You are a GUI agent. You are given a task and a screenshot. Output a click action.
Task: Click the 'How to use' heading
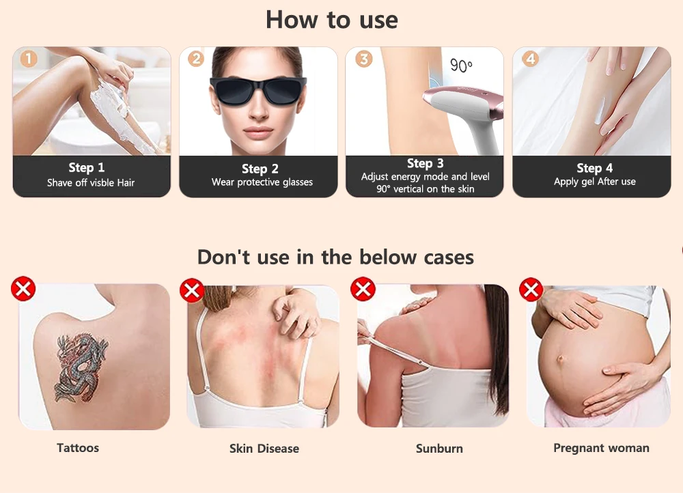[332, 20]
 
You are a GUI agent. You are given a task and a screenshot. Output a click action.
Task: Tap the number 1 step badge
[29, 58]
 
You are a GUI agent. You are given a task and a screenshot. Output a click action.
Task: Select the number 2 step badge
[196, 58]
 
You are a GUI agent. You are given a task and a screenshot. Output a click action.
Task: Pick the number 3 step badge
[364, 58]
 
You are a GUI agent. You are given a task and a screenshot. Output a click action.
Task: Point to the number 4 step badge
[530, 58]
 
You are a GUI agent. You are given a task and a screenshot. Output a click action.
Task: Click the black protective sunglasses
[258, 90]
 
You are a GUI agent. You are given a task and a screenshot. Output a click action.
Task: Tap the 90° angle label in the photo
[461, 66]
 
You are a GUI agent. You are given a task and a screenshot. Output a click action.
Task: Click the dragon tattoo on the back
[81, 367]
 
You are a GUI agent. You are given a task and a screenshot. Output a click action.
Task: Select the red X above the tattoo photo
[23, 288]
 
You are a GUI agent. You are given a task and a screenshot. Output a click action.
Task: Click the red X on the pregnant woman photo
[531, 290]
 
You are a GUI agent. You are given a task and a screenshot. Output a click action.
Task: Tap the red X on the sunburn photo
[363, 289]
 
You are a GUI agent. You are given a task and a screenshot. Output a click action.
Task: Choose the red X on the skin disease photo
[192, 290]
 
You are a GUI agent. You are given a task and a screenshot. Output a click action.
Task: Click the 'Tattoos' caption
[78, 448]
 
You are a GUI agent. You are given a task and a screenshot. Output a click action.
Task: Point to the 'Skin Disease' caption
[264, 449]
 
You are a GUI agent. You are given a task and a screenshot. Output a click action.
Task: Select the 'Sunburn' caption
[439, 449]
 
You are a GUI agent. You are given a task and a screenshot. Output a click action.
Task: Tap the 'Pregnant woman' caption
[602, 448]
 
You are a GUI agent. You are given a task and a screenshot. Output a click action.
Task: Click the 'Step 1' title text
[86, 167]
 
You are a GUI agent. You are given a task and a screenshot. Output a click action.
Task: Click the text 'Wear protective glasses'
[262, 182]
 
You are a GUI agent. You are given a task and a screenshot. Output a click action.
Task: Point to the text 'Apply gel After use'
[595, 182]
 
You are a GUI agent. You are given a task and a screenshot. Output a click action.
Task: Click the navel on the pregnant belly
[560, 359]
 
